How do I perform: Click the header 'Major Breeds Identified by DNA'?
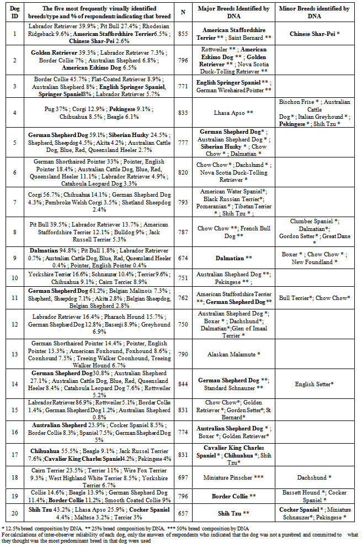[233, 13]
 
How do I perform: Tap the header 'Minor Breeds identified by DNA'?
[315, 13]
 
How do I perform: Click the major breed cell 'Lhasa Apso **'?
[233, 112]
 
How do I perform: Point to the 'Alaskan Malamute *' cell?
[233, 354]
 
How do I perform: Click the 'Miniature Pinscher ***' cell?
[233, 477]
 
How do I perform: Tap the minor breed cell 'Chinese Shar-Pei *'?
[315, 34]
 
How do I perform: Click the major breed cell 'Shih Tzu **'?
[233, 513]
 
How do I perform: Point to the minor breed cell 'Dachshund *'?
[315, 477]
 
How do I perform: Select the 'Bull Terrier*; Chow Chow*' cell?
[315, 298]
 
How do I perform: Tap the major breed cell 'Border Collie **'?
[233, 496]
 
